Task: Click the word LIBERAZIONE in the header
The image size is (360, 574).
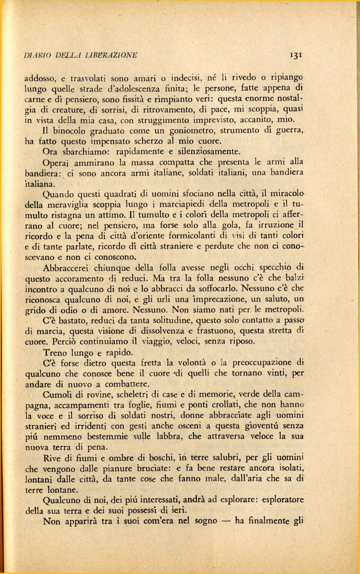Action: pos(111,55)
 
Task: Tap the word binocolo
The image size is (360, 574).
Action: pos(65,130)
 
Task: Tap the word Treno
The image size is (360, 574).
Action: pos(56,352)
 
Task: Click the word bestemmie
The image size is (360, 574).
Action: pos(108,436)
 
